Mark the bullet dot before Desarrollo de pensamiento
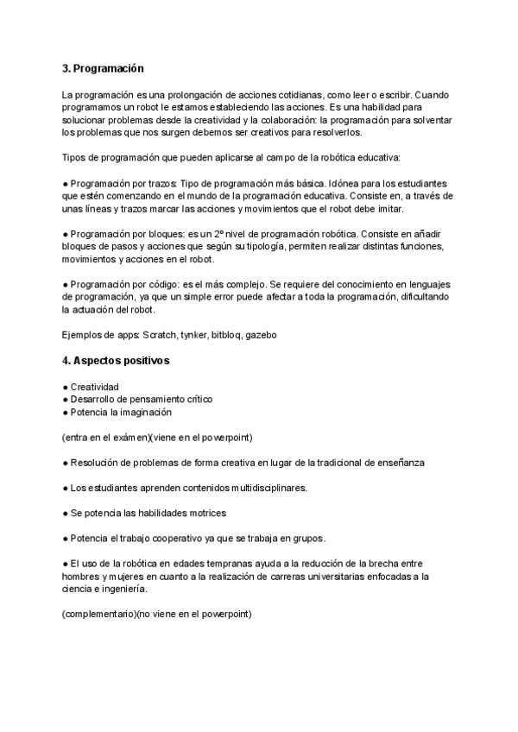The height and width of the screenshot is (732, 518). pos(66,399)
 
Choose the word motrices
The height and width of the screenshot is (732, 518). pos(205,513)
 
